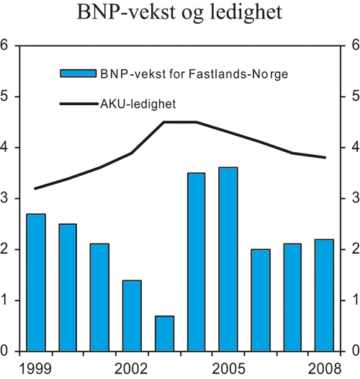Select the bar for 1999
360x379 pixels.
(35, 282)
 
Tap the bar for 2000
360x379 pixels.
(68, 287)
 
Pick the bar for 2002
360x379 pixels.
(132, 316)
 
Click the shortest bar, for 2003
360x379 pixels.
(164, 333)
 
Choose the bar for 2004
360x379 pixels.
(196, 262)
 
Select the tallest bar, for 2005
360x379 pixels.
(228, 259)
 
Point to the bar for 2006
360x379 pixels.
(260, 300)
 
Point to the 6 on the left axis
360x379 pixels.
(5, 45)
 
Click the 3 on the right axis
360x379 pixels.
(354, 198)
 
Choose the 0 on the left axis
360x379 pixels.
(5, 351)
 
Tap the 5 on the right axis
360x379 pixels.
(354, 97)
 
